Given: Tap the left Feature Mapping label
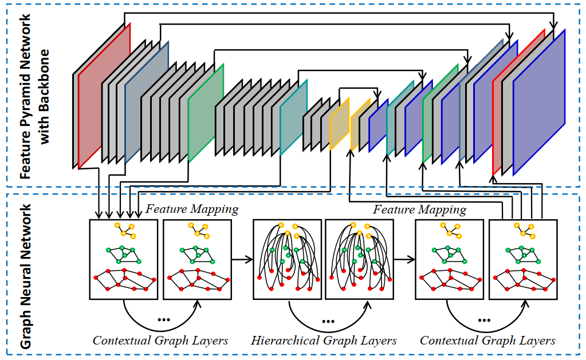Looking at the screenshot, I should (192, 209).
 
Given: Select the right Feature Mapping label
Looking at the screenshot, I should (419, 209).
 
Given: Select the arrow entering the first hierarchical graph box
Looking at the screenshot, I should (242, 260).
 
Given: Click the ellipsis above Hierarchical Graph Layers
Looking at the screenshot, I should (328, 321).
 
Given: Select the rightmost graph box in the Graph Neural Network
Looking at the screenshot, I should (523, 259).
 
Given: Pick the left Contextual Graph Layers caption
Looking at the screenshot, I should (160, 341).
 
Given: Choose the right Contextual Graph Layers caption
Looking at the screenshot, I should (487, 341).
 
